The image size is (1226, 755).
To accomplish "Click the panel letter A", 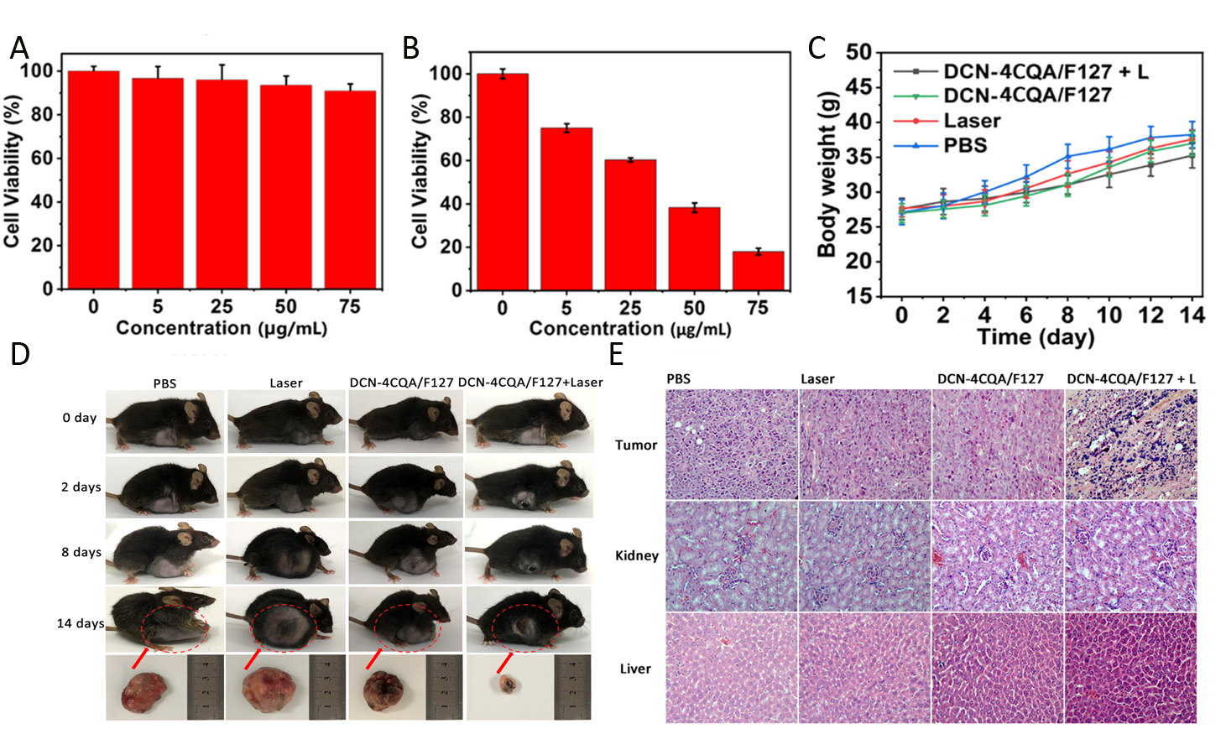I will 18,48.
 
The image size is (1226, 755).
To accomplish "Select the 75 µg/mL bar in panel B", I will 758,270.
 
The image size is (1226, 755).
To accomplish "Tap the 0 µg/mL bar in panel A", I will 93,180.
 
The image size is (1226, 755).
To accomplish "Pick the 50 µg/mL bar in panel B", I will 694,248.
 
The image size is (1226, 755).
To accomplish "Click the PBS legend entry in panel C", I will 965,146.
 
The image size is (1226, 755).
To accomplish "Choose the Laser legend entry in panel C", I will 972,121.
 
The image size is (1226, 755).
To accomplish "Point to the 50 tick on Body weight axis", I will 858,53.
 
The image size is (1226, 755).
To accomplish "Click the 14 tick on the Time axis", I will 1192,315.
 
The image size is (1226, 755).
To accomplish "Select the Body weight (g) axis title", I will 827,173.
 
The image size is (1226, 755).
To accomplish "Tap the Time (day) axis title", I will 1036,337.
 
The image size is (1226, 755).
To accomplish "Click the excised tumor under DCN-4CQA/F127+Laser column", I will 507,685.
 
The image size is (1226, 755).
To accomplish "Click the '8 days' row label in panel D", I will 81,552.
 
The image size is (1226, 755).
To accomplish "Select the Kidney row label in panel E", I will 637,555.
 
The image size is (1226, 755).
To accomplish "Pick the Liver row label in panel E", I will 635,669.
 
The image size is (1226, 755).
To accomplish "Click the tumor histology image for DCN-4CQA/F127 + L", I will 1130,444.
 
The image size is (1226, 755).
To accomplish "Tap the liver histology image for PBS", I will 731,668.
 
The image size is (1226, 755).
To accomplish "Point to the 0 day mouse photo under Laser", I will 285,421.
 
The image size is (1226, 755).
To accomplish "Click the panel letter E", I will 616,355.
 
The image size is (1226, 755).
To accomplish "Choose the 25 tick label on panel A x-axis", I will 222,306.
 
